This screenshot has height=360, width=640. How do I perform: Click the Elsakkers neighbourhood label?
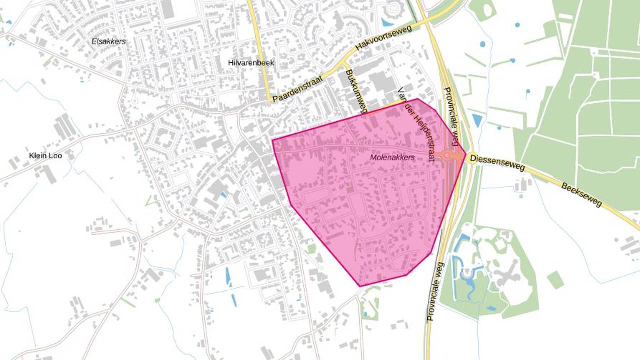coord(108,41)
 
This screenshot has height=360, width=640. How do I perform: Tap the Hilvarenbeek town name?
coord(251,63)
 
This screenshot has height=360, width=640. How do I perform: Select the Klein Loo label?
coord(45,156)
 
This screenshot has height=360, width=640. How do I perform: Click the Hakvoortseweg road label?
coord(383,38)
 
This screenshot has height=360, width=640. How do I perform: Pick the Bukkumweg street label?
coord(356,89)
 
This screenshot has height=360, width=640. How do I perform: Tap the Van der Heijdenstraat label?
coord(414,124)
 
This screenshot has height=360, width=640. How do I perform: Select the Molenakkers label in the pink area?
coord(392,157)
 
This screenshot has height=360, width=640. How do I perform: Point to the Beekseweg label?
coord(582,195)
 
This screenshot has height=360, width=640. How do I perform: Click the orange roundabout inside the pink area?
coord(446,156)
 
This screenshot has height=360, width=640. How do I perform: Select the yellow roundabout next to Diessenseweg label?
coord(471,159)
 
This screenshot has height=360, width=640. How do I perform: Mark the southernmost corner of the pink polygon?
coord(360,286)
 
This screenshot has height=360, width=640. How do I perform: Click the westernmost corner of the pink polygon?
coord(272,140)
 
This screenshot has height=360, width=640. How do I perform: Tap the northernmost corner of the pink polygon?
coord(418,99)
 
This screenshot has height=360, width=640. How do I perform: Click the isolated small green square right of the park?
coord(555,280)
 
